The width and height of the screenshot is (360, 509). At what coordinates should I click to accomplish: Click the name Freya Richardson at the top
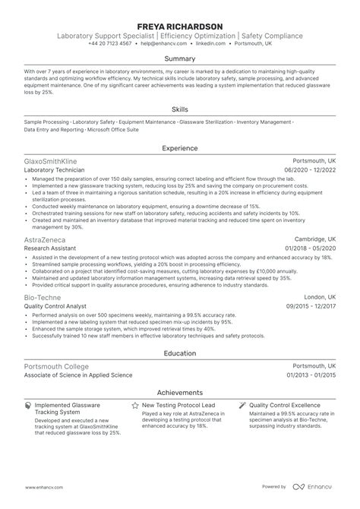tap(180, 26)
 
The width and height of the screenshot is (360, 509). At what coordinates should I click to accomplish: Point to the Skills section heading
tap(180, 109)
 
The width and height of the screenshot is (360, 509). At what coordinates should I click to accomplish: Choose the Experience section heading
tap(180, 149)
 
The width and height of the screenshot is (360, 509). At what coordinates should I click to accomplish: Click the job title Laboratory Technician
tap(55, 171)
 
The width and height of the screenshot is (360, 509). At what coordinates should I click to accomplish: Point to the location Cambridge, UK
tap(313, 240)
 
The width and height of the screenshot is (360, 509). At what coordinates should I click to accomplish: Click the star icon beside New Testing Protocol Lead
tap(134, 406)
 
